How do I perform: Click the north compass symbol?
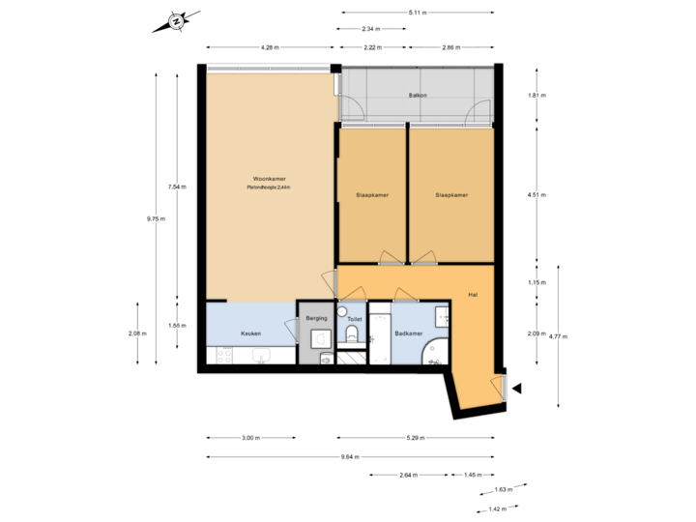[176, 20]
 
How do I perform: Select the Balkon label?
[418, 96]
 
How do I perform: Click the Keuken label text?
[250, 333]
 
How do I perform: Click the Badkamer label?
[409, 333]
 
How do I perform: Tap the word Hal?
[473, 294]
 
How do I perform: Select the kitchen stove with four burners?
[220, 357]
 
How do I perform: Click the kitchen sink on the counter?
[260, 357]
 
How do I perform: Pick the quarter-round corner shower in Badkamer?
[437, 353]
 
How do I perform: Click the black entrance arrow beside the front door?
[516, 389]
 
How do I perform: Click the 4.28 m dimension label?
[270, 47]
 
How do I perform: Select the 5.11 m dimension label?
[418, 13]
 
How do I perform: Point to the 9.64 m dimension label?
[350, 456]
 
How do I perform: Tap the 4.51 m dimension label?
[537, 195]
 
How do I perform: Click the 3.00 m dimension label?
[250, 438]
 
